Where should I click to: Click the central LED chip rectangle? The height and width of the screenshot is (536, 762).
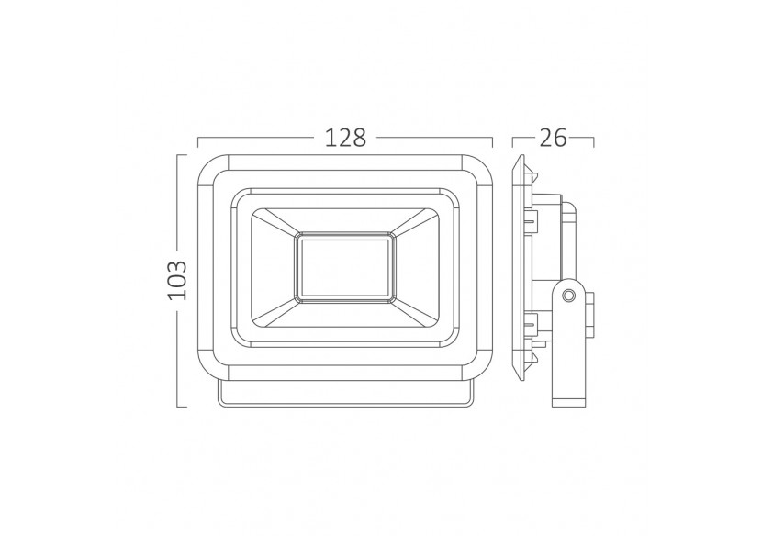(344, 267)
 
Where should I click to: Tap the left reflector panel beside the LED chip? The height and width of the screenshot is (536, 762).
(271, 267)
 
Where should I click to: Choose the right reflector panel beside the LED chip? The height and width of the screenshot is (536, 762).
(418, 267)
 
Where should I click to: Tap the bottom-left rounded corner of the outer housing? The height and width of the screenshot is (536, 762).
(210, 370)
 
